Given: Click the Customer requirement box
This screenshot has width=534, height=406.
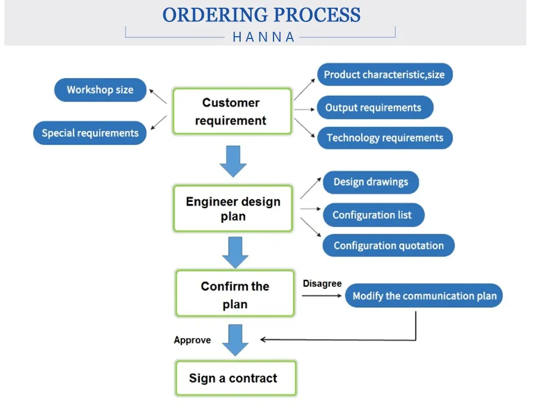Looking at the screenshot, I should coord(232,111).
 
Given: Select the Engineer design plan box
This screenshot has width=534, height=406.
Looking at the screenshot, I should coord(233,208).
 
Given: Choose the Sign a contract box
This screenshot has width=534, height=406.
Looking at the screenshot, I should coord(235,378).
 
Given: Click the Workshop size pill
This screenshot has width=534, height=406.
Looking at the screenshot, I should coord(100,90).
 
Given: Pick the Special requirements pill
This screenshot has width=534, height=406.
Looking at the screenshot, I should coord(90,133).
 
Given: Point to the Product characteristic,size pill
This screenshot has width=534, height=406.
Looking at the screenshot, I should coord(384,75).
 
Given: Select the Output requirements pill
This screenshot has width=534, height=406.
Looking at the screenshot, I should coord(374,108).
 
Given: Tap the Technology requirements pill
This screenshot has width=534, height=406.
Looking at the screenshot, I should coord(385,138).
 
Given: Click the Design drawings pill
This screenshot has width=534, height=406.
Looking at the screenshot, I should coord(371,183).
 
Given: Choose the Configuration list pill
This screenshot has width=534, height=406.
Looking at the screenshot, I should coord(372,215).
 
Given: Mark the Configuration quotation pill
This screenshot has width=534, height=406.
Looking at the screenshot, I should coord(388,245).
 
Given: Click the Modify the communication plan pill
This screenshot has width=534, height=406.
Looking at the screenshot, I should coord(424,296).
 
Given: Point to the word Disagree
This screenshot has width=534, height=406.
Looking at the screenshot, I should coord(322,284).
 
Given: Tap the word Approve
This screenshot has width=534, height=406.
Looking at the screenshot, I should coord(192,340).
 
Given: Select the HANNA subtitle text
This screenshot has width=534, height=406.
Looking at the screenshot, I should coord(264,37).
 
